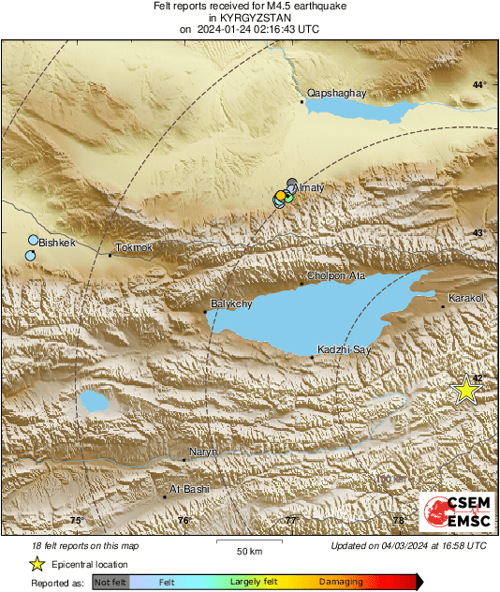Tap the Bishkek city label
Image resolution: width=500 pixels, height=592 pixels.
click(x=56, y=243)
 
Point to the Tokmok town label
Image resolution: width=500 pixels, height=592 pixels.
click(x=133, y=246)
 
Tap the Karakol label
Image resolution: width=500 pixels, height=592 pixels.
click(x=465, y=297)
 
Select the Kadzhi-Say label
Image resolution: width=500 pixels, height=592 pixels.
click(x=346, y=348)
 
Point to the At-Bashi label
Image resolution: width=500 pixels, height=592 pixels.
click(x=189, y=489)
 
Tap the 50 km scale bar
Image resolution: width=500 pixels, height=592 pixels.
click(x=248, y=542)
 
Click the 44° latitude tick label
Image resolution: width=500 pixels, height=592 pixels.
click(x=478, y=85)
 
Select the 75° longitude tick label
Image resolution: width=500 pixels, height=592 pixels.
click(x=77, y=520)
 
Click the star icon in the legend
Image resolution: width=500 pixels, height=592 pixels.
click(x=37, y=564)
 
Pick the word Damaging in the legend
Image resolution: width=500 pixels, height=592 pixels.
click(x=341, y=582)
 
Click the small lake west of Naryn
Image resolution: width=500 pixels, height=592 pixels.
click(x=93, y=402)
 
